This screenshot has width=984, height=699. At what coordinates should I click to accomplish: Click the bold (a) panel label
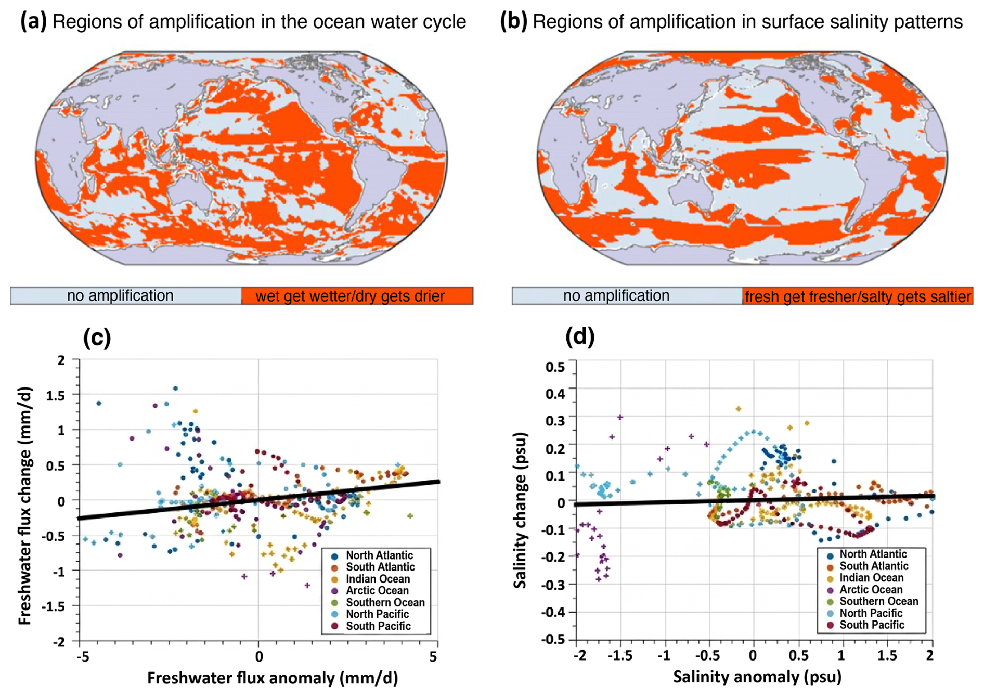pyautogui.click(x=33, y=22)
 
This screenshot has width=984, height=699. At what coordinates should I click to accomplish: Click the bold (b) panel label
pyautogui.click(x=513, y=22)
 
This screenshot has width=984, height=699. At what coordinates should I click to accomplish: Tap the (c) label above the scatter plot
pyautogui.click(x=97, y=338)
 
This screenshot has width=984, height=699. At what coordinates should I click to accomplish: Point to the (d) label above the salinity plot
pyautogui.click(x=579, y=336)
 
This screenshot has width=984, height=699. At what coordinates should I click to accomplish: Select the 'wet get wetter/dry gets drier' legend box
pyautogui.click(x=357, y=296)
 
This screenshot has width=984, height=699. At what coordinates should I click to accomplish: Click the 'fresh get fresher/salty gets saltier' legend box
pyautogui.click(x=857, y=296)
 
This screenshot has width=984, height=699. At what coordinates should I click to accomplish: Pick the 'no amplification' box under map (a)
pyautogui.click(x=126, y=296)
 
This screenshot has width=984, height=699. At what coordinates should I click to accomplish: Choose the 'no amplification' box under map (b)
pyautogui.click(x=627, y=296)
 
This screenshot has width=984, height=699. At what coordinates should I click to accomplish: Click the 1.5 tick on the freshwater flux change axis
pyautogui.click(x=56, y=396)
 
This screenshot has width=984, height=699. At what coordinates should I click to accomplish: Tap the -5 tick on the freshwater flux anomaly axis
pyautogui.click(x=83, y=657)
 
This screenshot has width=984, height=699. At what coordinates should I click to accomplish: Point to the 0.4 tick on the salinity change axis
pyautogui.click(x=555, y=394)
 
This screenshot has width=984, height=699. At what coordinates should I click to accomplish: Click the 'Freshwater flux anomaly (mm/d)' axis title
pyautogui.click(x=273, y=678)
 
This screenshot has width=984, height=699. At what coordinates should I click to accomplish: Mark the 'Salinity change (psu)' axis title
pyautogui.click(x=520, y=510)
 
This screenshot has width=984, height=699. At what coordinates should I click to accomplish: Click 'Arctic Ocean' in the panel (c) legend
pyautogui.click(x=378, y=591)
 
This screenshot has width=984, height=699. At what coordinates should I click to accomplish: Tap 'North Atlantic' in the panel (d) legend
pyautogui.click(x=873, y=554)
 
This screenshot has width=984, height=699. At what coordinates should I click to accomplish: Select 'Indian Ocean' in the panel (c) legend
pyautogui.click(x=378, y=579)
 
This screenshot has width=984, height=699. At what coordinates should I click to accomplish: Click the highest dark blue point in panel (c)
pyautogui.click(x=175, y=389)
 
